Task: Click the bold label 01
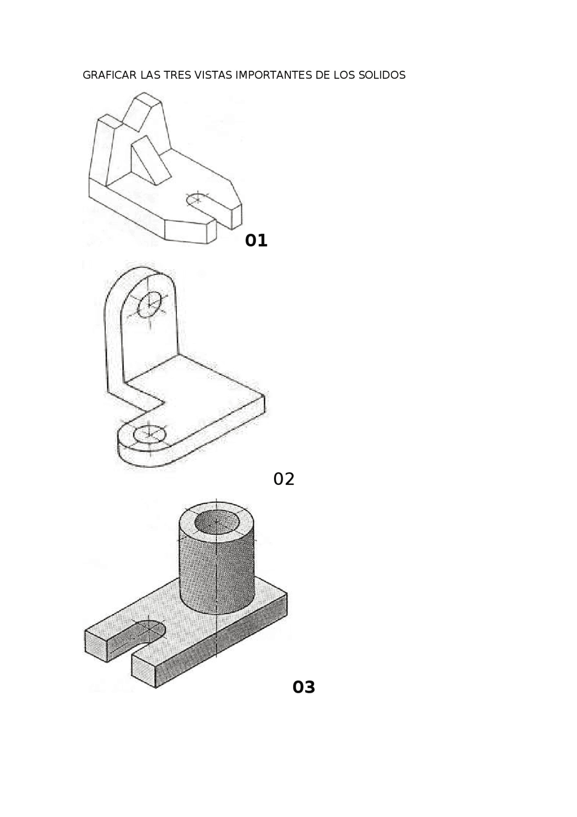tap(256, 240)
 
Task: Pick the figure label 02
tap(284, 479)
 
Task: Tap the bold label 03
tap(304, 687)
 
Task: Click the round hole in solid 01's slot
tap(197, 198)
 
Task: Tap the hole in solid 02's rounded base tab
tap(150, 434)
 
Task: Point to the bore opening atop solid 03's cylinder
tap(216, 523)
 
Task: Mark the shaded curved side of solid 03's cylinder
tap(216, 573)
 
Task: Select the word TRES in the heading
tap(177, 75)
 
